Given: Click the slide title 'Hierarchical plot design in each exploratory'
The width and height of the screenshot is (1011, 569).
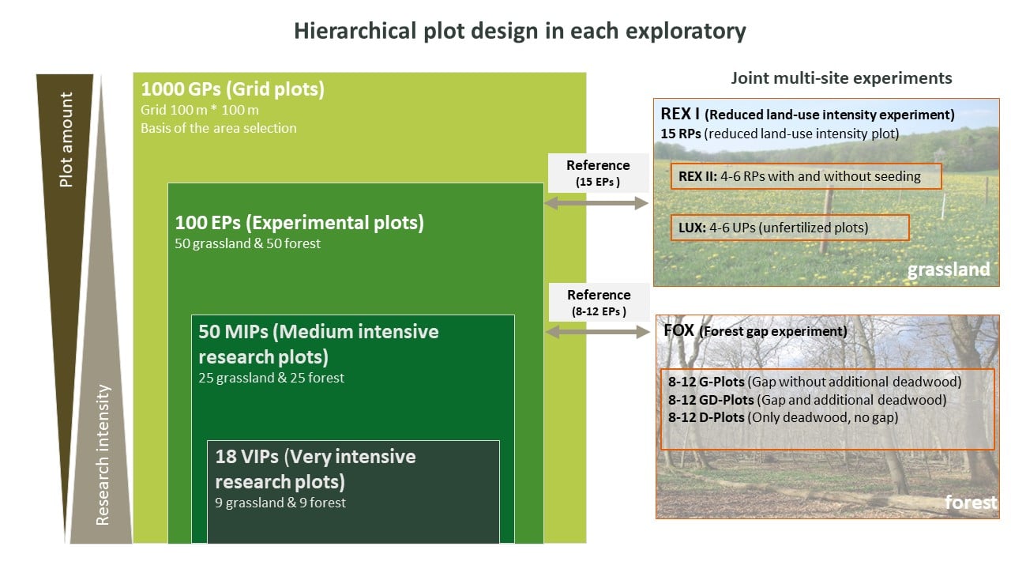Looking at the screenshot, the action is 520,32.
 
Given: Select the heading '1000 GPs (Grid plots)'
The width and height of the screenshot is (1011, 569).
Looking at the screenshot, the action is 233,89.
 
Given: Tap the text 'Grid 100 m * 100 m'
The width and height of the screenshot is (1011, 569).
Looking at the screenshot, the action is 200,110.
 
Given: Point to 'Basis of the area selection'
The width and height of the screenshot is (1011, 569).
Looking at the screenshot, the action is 219,128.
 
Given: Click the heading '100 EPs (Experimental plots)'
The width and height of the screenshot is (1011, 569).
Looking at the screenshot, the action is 299,223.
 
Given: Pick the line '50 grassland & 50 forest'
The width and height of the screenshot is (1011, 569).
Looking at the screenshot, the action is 248,243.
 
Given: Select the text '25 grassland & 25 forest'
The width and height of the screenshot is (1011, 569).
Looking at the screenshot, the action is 271,378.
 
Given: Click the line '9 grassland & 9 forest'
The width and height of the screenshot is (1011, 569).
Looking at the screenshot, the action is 280,503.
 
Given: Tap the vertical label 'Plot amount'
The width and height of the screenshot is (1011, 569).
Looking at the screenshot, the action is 66,140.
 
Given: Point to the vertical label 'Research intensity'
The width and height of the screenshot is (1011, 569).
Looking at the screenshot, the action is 103,454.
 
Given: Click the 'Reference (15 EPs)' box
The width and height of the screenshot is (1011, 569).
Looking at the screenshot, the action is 599,173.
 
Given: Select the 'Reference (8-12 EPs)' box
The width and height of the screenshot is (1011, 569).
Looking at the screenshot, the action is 599,303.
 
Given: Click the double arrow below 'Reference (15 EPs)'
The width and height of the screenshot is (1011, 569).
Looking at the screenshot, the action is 596,203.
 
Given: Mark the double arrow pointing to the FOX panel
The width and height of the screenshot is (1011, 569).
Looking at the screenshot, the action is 598,333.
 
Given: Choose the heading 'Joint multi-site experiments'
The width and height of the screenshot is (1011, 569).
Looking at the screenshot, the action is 842,78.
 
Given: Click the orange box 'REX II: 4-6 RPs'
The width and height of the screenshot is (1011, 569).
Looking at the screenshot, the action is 806,176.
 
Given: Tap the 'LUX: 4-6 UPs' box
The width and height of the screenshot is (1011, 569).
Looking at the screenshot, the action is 790,228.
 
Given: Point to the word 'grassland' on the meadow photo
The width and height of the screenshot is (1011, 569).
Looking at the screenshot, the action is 949,269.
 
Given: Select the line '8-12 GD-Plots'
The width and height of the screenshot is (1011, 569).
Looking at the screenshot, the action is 807,400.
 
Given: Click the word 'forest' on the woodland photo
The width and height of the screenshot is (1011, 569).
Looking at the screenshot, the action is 971,502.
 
